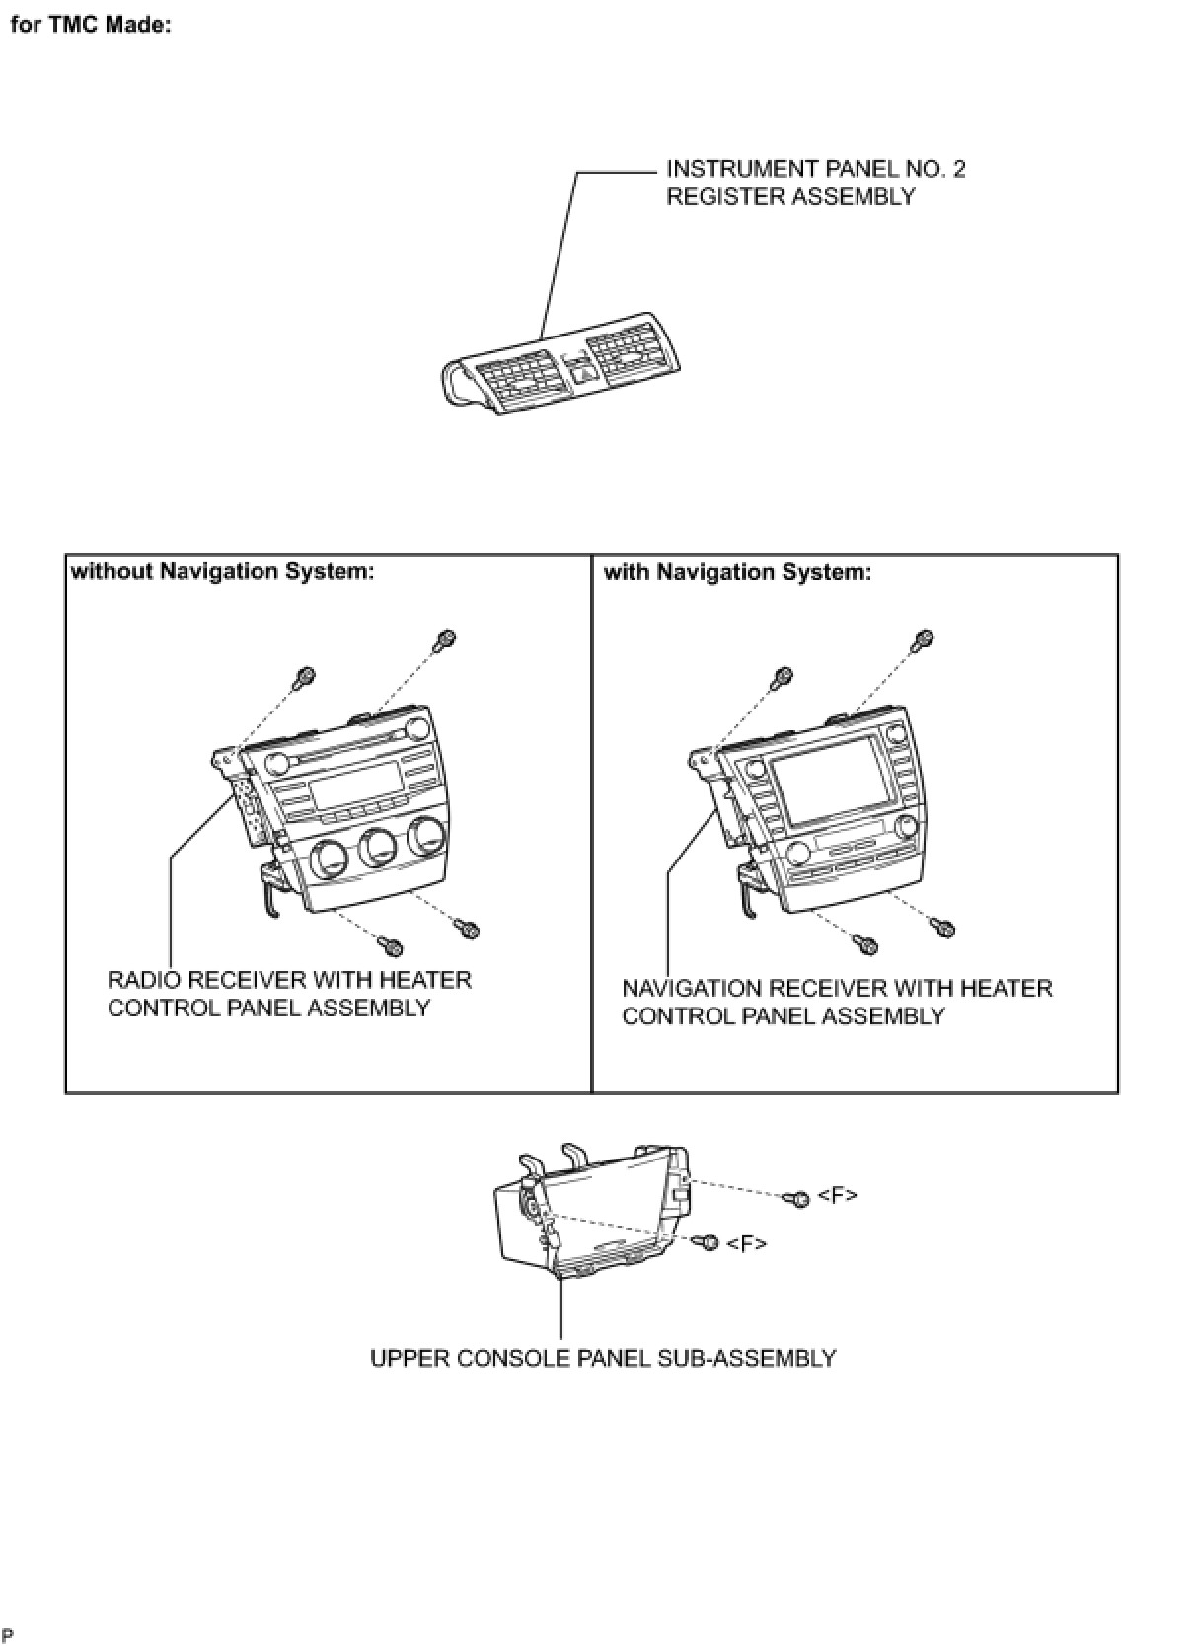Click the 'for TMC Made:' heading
(x=91, y=25)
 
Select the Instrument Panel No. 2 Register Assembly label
(x=815, y=183)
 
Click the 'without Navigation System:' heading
(x=223, y=572)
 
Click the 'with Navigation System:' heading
(x=737, y=572)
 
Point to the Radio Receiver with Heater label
(x=289, y=994)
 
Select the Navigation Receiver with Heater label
(x=837, y=1002)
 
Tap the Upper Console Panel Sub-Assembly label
(x=603, y=1358)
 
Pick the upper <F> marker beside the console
(x=838, y=1195)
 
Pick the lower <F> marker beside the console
(x=746, y=1243)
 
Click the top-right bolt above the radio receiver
(x=445, y=639)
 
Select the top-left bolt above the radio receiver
(x=305, y=678)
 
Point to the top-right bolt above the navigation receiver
(x=923, y=639)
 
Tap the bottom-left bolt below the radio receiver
(x=392, y=946)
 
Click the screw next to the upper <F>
(x=797, y=1198)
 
